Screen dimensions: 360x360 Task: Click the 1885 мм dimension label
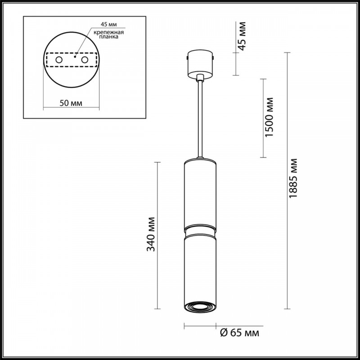[293, 178]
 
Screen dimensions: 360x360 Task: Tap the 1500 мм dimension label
[269, 117]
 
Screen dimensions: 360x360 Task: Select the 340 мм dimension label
[151, 234]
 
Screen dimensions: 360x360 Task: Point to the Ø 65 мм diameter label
[240, 333]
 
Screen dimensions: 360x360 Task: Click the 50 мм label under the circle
[71, 103]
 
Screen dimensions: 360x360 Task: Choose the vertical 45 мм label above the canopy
[242, 36]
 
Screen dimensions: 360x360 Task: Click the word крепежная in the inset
[108, 32]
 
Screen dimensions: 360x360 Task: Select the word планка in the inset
[109, 37]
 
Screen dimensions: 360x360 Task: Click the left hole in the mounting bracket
[59, 60]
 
